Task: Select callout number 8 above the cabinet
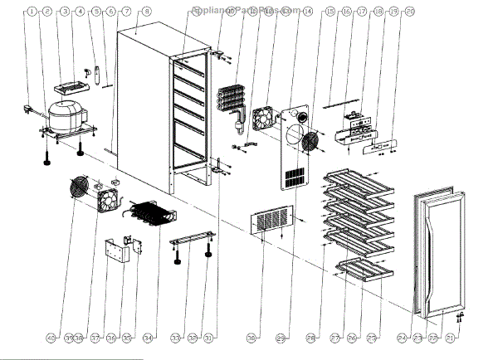tap(146, 12)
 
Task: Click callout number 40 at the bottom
tap(51, 338)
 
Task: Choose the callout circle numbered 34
tap(148, 338)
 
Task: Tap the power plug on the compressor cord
tap(27, 109)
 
